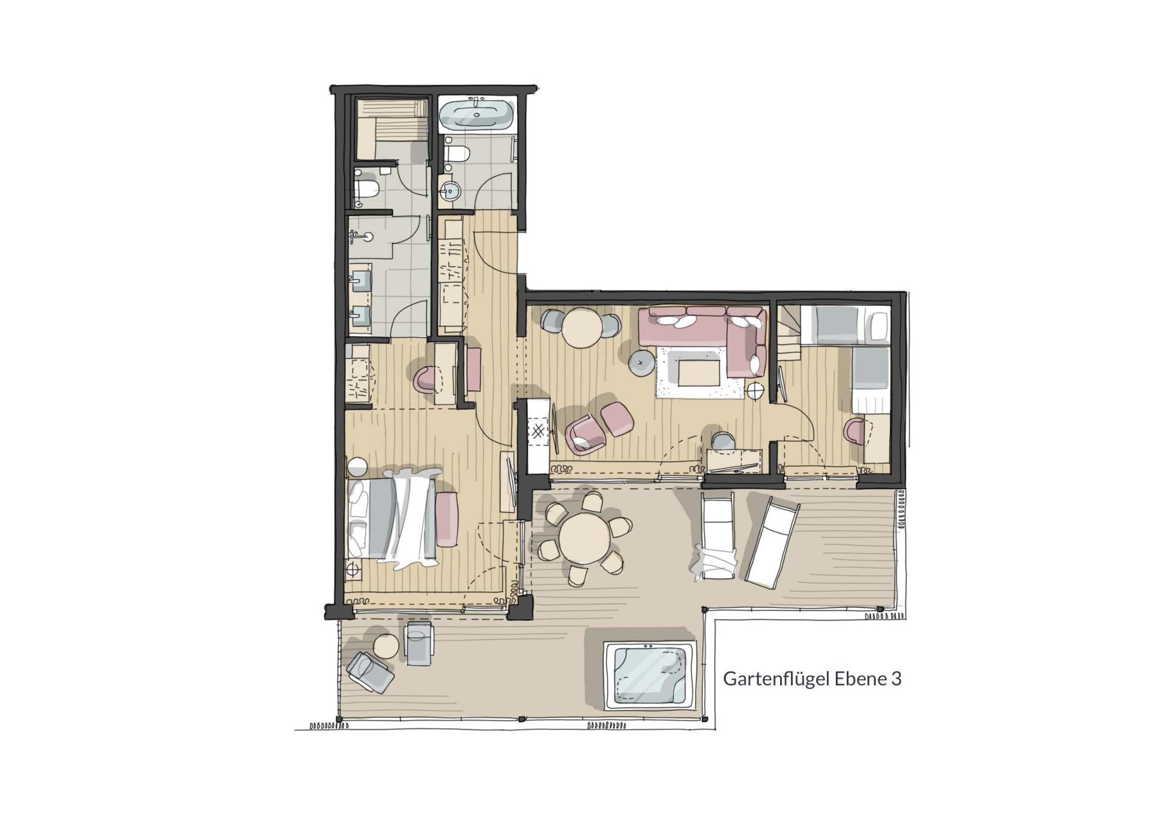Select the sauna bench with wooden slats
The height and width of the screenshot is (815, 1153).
pos(392,128)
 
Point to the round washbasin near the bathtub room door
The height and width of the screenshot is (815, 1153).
pos(450,191)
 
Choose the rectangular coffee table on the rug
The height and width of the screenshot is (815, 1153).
pos(700,370)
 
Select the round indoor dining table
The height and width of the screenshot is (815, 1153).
pos(581,327)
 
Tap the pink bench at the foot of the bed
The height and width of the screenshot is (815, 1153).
pos(447,519)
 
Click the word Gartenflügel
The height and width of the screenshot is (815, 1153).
pos(775,679)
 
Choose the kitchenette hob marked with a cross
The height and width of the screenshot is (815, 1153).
pos(539,430)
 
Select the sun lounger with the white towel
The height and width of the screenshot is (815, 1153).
pos(717,534)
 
